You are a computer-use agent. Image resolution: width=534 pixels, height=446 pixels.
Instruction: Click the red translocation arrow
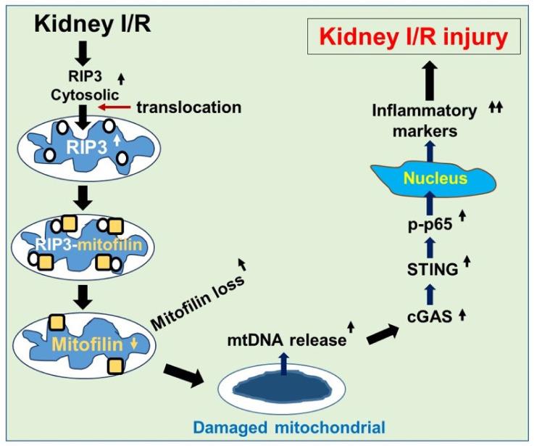click(116, 107)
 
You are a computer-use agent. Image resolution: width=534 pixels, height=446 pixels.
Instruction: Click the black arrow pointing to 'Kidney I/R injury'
click(429, 78)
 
